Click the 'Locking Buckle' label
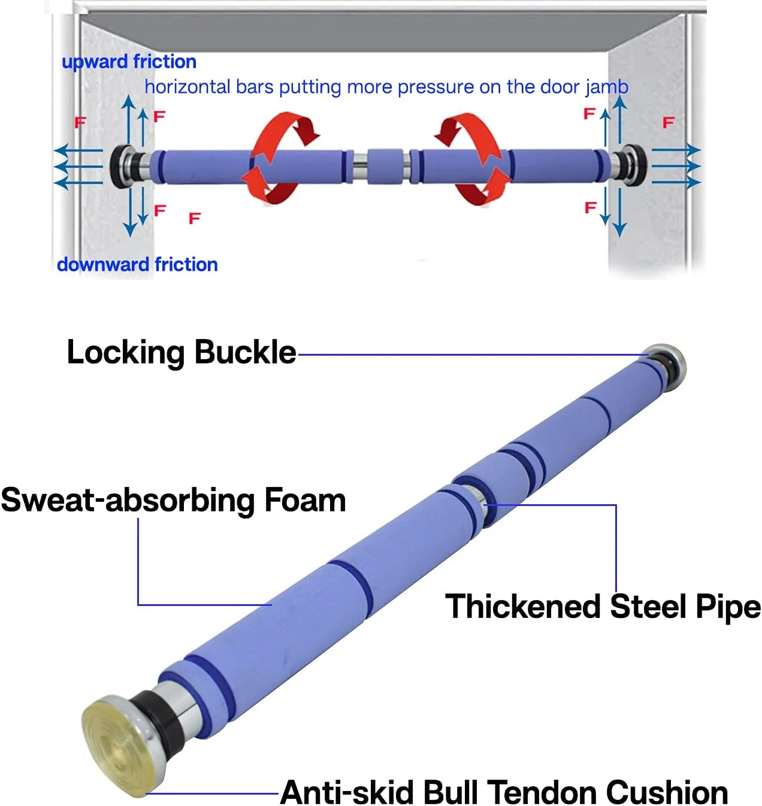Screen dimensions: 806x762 click(x=181, y=352)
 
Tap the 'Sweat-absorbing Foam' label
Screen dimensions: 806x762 click(x=173, y=500)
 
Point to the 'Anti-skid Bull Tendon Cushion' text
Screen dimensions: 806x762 click(x=504, y=792)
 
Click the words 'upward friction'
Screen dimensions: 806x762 click(x=129, y=62)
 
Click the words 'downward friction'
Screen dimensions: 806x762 click(x=137, y=264)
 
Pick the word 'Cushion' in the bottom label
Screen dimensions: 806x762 click(x=666, y=792)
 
